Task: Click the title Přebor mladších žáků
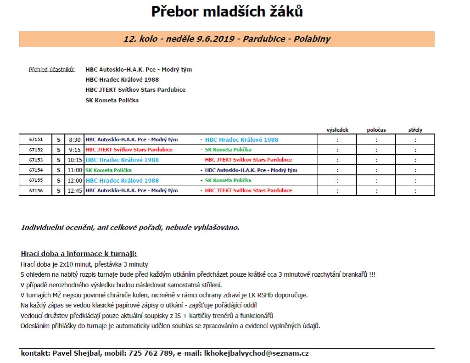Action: (227, 12)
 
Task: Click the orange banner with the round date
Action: (227, 39)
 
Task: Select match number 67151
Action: (35, 140)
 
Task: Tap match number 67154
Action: (35, 170)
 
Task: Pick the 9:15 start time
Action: (74, 150)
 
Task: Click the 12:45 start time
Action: (74, 190)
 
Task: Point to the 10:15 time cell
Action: (74, 160)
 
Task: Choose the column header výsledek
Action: (337, 130)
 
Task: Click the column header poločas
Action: (376, 130)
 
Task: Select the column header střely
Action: (415, 130)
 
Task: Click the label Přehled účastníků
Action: (52, 70)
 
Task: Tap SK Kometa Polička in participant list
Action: (112, 100)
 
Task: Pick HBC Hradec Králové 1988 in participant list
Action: (122, 80)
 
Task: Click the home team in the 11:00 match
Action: (109, 170)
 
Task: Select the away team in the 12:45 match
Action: (248, 190)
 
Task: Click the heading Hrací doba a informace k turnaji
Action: (79, 254)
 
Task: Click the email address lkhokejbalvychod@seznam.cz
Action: (256, 353)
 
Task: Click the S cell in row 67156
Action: (58, 190)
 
